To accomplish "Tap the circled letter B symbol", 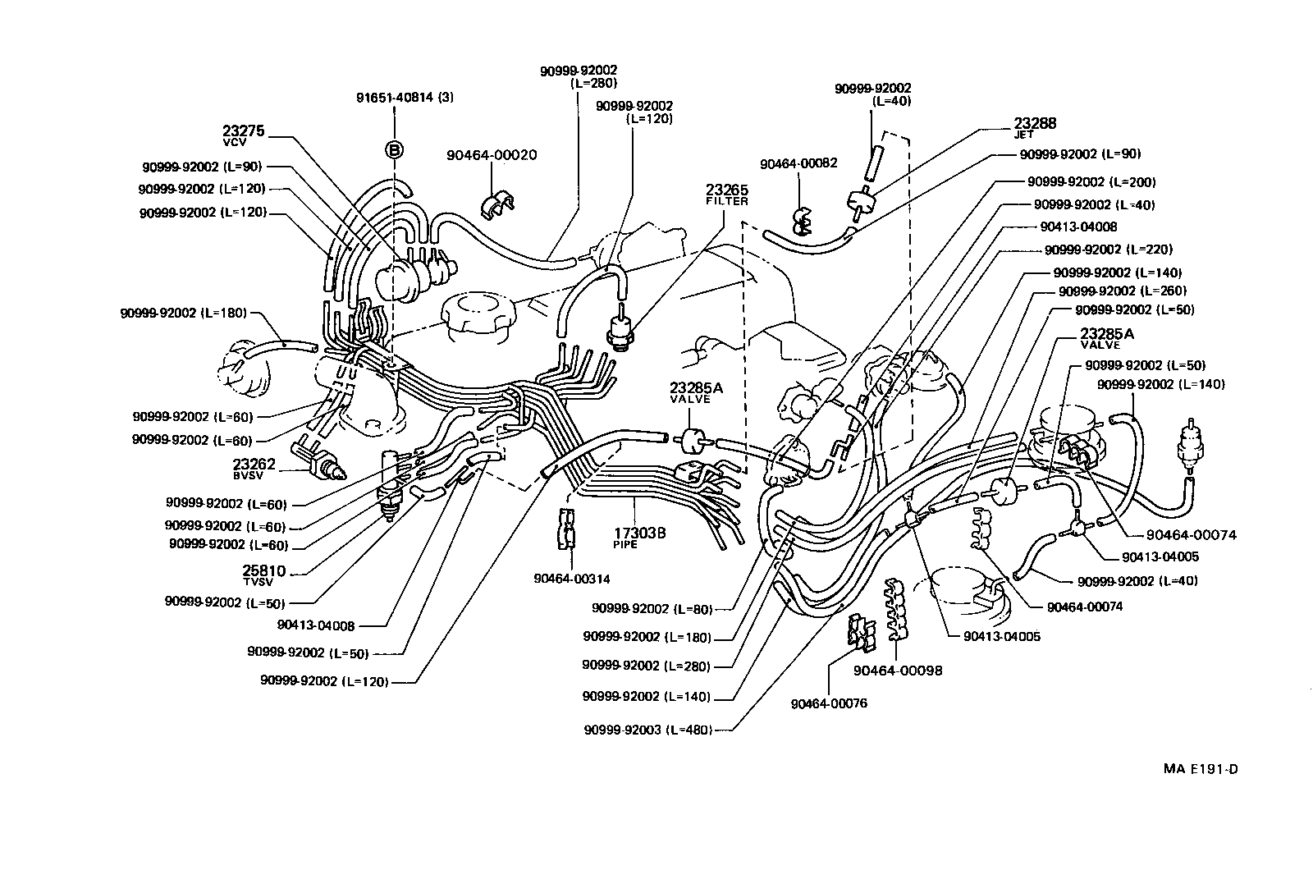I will pos(395,149).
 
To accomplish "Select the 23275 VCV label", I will pos(238,135).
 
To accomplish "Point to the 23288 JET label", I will pos(1034,126).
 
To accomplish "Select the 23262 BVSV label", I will pos(254,468).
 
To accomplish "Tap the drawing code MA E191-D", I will pos(1200,769).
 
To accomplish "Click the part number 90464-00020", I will pos(492,155).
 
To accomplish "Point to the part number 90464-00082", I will pos(798,163).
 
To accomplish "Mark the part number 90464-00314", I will pos(571,578).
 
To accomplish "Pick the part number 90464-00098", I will pos(897,671).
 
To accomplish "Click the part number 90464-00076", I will pos(829,703).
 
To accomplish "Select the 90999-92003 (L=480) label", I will pos(647,730).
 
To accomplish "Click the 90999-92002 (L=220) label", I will pos(1108,250).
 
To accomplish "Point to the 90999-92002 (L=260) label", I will pos(1122,291).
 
